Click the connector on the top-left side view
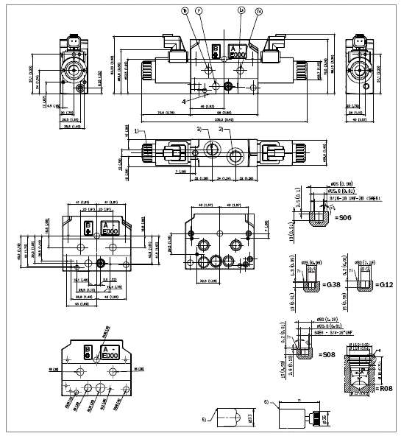(x=73, y=49)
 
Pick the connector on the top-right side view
(x=361, y=49)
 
